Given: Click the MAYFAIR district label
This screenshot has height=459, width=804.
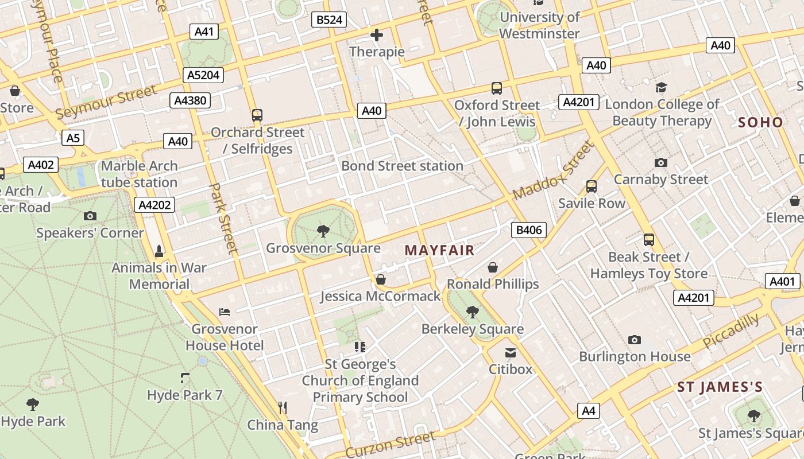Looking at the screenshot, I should tap(439, 250).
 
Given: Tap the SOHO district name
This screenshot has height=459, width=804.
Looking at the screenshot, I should tap(760, 122).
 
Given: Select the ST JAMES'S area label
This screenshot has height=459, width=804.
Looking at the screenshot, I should tap(720, 387).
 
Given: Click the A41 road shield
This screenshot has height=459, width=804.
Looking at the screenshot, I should tap(204, 31).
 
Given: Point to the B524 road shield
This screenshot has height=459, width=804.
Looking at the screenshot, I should tap(330, 20).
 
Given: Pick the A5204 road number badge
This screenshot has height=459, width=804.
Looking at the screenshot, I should tap(203, 75).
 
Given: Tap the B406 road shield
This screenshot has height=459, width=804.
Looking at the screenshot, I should tap(528, 230).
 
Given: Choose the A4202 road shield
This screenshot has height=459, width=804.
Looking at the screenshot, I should tap(155, 205).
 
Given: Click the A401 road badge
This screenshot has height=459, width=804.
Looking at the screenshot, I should tap(782, 281).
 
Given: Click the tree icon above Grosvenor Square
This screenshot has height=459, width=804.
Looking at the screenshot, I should tap(323, 231).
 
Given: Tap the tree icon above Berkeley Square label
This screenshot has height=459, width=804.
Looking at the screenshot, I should tap(473, 312).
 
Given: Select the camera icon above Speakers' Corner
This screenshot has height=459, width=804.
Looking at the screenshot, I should tap(90, 216).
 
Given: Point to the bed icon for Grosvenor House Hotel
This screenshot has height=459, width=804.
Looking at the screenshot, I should tap(225, 312).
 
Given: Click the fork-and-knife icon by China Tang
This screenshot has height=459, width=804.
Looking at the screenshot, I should tap(282, 408).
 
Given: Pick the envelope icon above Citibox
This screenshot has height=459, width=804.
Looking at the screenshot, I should tap(510, 352).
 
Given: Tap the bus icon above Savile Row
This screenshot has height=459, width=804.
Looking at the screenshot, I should tap(591, 186).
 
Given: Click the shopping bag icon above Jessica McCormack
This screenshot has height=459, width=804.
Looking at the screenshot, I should tap(380, 279).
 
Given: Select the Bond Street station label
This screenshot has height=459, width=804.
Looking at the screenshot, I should tap(402, 166).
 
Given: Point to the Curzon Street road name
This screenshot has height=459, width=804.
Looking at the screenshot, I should tap(391, 445).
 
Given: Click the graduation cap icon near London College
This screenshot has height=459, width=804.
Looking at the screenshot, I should tap(661, 88).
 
